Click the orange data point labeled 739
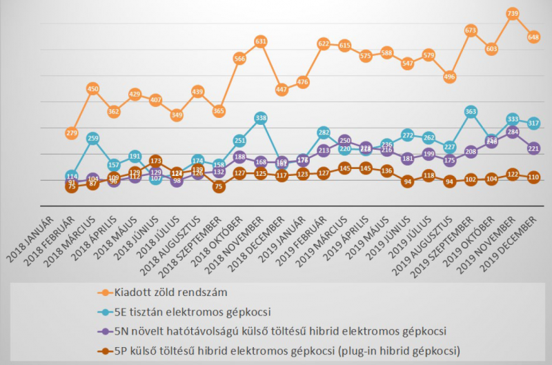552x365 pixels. [x=513, y=14]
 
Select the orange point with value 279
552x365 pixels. [x=71, y=133]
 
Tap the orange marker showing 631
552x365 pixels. [x=260, y=41]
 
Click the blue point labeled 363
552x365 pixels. [x=471, y=111]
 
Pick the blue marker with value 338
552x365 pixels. [x=260, y=118]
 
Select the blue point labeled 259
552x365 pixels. [x=92, y=138]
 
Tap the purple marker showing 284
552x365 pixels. [x=513, y=131]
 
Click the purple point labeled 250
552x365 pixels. [x=344, y=140]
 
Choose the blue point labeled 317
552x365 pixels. [x=533, y=123]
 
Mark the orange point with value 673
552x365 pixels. [x=471, y=30]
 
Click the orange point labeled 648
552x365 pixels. [x=533, y=37]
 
